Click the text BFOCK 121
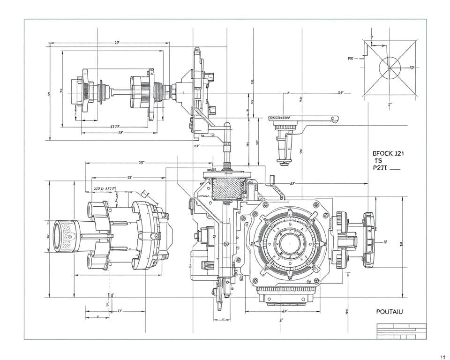[x=389, y=153]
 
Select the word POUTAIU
[x=390, y=311]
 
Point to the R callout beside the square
[x=350, y=59]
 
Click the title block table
[x=401, y=330]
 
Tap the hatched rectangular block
[x=228, y=188]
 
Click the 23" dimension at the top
[x=117, y=43]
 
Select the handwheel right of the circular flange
[x=369, y=239]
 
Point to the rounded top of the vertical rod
[x=227, y=126]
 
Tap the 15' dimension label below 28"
[x=129, y=178]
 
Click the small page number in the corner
[x=442, y=355]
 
